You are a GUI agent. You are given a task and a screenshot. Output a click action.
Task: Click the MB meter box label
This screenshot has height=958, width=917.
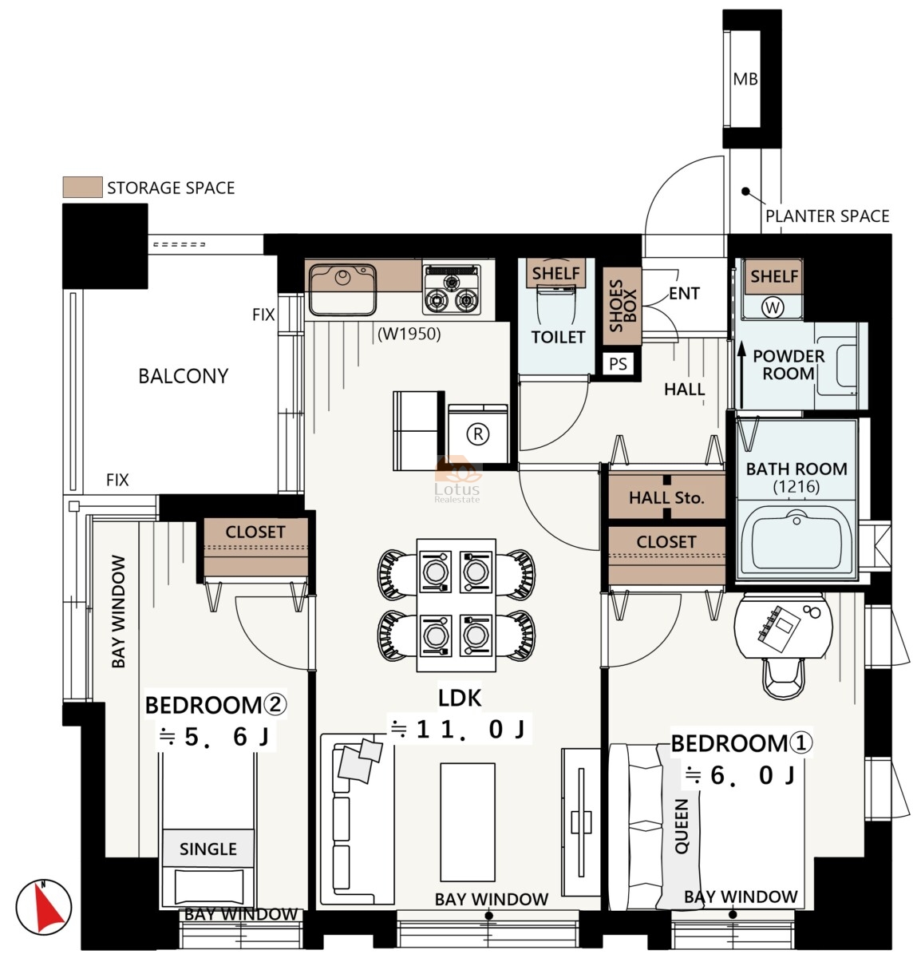pos(745,79)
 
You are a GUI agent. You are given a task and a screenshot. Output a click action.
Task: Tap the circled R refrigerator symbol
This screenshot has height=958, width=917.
pos(477,433)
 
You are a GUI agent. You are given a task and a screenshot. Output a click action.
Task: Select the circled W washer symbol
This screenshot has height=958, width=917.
pos(772,307)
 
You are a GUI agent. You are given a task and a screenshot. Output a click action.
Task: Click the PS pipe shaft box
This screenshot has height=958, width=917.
pos(618,364)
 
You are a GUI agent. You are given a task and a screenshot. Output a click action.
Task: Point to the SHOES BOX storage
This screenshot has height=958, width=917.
pos(623,306)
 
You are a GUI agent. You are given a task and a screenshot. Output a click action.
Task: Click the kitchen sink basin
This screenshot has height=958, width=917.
pos(342,290)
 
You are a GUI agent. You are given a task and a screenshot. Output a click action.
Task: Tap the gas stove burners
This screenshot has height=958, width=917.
pos(452,290)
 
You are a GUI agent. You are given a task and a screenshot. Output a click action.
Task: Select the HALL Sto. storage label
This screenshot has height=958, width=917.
pos(666,497)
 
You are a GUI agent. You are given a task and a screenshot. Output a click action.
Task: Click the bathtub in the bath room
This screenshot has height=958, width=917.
pos(797,539)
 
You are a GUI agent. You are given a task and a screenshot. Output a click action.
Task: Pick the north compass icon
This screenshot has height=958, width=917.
pos(43,906)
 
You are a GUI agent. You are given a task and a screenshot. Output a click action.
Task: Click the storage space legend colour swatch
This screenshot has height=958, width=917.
pos(83,187)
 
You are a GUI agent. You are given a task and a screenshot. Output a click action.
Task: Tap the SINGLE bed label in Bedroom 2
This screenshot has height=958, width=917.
pos(208,849)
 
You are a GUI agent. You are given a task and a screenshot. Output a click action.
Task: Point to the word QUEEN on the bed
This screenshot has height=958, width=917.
pos(681,826)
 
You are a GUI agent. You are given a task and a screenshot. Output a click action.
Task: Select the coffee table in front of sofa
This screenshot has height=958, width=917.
pos(467,822)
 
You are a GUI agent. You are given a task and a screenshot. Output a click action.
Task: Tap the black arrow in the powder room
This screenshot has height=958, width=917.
pos(741,375)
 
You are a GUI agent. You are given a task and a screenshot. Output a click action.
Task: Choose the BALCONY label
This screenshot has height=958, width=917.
pos(183,376)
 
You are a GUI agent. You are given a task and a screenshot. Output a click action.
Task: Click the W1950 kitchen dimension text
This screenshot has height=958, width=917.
pos(409,335)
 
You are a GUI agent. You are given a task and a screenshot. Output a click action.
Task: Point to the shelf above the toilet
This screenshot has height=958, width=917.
pos(555,272)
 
